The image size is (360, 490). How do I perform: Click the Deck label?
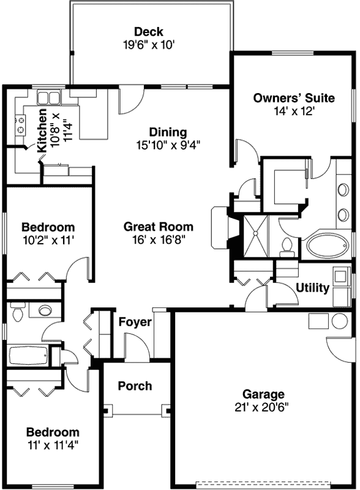(149, 32)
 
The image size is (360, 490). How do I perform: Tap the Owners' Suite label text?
(294, 98)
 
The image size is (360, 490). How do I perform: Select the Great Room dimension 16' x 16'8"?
(158, 239)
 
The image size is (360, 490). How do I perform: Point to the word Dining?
(168, 132)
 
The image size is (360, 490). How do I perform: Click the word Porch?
(135, 386)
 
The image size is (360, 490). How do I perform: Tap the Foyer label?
(135, 322)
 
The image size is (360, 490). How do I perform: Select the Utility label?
(312, 287)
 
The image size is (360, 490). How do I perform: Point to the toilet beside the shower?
(285, 246)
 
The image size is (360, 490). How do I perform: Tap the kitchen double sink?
(47, 98)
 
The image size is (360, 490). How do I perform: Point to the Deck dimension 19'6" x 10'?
(149, 45)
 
